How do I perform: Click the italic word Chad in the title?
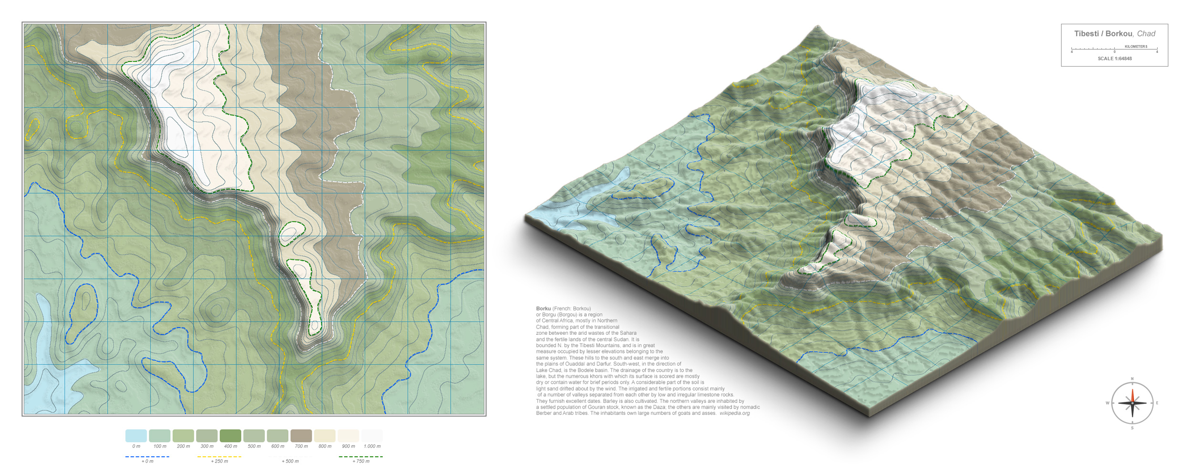[1146, 34]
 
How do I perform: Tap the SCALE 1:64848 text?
[1114, 59]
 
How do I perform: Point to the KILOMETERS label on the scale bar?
[1136, 46]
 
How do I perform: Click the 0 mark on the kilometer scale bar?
[1114, 51]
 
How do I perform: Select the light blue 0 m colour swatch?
[136, 436]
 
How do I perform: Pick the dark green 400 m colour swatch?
[230, 436]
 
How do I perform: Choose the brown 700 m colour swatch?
[301, 436]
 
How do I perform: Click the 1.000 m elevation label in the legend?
[372, 447]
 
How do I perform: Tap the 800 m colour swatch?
[324, 436]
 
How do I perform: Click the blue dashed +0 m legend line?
[147, 457]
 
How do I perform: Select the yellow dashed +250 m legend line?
[219, 457]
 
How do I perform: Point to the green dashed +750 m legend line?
[361, 457]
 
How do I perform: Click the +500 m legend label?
[290, 462]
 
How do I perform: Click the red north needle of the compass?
[1132, 396]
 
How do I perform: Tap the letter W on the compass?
[1108, 403]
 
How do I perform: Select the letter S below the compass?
[1132, 428]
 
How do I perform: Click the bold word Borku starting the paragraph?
[543, 308]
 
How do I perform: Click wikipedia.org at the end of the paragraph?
[734, 413]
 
